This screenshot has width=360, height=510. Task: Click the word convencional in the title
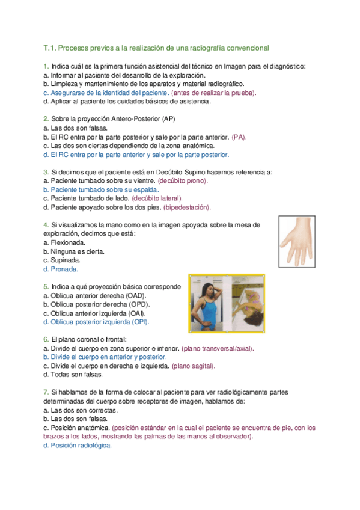click(241, 47)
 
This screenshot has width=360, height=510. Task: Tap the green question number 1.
click(46, 66)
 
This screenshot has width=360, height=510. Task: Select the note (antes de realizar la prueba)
click(213, 93)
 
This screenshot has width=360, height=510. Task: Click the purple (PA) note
click(239, 137)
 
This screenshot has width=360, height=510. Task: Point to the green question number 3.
click(46, 172)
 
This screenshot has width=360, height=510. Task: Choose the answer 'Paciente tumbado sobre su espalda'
click(101, 189)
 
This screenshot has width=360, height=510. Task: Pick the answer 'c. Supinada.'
click(62, 260)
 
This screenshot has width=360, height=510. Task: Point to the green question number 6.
click(46, 340)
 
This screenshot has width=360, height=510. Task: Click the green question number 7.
click(46, 392)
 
